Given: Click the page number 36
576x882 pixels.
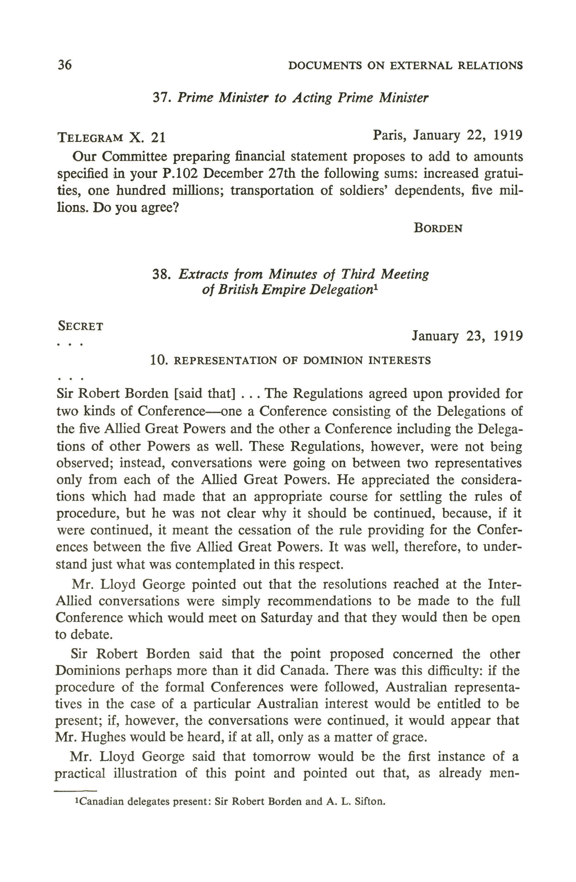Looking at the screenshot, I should [64, 65].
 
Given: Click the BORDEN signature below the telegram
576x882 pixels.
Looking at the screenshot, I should [438, 228].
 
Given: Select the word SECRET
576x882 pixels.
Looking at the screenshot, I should [80, 326].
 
